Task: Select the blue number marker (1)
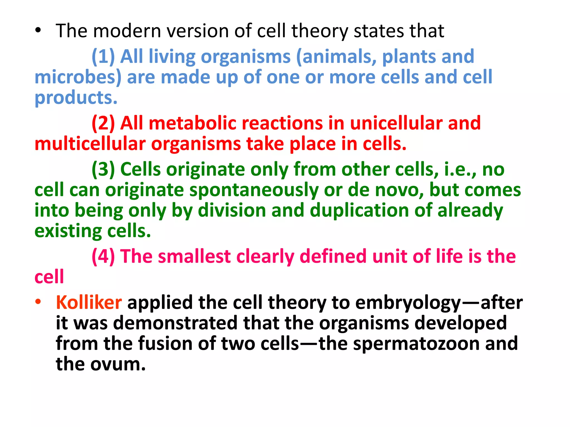(103, 57)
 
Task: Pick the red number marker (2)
(103, 123)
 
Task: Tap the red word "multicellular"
(90, 144)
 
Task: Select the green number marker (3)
(103, 169)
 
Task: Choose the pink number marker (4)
(103, 256)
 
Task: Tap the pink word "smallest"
(194, 256)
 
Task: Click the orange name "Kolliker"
(89, 302)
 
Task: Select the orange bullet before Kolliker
(38, 302)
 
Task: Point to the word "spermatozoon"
(416, 344)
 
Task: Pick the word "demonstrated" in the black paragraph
(175, 323)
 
